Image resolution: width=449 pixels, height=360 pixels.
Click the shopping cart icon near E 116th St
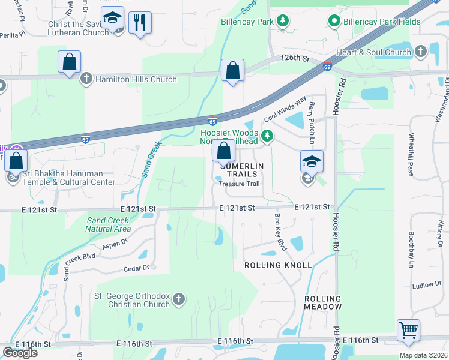(408, 330)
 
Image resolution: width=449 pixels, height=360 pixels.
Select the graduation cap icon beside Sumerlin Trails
(312, 161)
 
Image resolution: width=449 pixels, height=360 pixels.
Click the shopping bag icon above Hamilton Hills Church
(70, 62)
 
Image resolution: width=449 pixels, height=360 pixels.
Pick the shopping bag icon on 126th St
(232, 70)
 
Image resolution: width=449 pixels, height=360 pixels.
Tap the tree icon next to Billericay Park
(282, 22)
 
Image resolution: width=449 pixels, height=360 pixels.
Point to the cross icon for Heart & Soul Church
(421, 52)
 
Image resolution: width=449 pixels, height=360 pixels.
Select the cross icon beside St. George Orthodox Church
(178, 298)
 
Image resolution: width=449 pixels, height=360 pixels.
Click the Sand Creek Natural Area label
(109, 224)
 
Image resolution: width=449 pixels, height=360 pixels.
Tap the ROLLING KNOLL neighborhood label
(277, 265)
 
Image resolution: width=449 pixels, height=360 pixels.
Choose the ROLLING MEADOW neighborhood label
(323, 302)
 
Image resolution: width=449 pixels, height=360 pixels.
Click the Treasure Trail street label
(239, 184)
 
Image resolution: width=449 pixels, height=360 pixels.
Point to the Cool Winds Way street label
(285, 107)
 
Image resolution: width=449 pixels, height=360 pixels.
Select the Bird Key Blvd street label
(280, 232)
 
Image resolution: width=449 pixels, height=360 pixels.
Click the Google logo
(20, 353)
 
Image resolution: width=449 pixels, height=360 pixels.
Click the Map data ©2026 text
(424, 355)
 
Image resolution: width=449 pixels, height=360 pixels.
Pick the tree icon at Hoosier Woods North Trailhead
(267, 137)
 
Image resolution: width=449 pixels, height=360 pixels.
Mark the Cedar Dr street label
(137, 268)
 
